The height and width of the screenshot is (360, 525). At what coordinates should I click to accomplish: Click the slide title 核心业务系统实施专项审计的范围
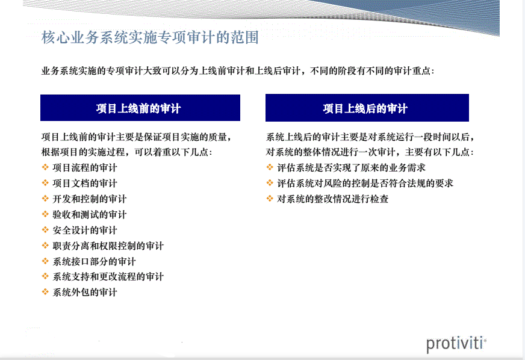click(150, 37)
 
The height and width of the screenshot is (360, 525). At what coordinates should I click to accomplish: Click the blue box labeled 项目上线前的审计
click(140, 108)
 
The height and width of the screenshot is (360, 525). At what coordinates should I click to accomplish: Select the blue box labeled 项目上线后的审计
click(367, 108)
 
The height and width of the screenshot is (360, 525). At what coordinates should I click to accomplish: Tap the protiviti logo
click(456, 344)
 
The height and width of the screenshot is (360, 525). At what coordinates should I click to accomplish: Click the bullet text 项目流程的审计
click(85, 167)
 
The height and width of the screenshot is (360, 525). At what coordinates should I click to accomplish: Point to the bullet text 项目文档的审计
click(85, 183)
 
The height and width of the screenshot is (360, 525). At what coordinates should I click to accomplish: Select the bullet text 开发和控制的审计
click(89, 199)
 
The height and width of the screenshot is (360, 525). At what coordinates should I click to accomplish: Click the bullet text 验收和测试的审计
click(89, 215)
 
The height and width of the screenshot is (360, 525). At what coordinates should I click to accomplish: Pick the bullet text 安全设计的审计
click(85, 230)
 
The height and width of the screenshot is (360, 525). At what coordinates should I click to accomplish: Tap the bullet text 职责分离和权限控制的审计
click(108, 246)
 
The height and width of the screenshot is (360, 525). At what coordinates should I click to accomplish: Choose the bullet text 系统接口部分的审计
click(94, 261)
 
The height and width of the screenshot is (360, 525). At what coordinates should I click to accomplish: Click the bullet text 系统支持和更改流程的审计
click(108, 276)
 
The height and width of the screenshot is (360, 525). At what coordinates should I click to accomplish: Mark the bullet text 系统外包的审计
click(85, 293)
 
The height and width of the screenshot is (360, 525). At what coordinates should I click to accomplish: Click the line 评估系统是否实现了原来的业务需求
click(351, 167)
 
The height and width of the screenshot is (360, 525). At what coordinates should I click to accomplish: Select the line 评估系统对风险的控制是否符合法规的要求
click(365, 183)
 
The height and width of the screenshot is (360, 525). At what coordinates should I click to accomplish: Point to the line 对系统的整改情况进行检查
click(332, 199)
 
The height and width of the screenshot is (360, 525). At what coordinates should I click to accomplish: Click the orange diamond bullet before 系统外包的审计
click(45, 292)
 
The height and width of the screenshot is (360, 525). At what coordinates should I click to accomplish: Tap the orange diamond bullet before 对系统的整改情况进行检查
click(270, 198)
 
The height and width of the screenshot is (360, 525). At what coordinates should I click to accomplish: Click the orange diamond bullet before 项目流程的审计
click(45, 167)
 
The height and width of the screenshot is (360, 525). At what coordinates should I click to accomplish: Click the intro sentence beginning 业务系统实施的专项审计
click(238, 71)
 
